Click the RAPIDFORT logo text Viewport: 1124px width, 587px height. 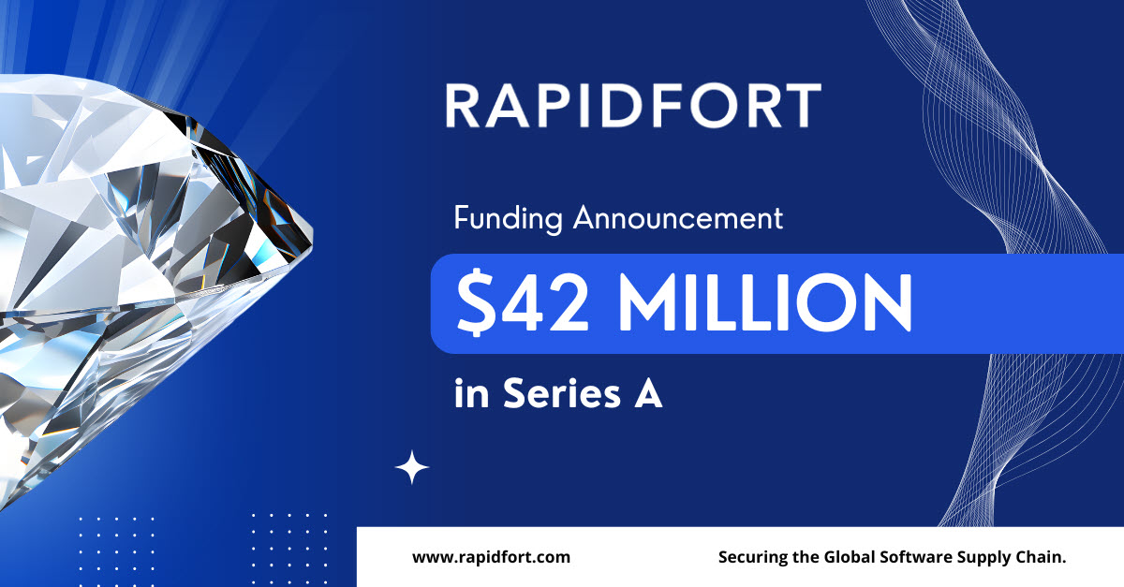click(x=633, y=106)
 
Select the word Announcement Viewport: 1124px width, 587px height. click(x=678, y=218)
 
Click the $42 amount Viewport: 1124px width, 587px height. click(x=522, y=303)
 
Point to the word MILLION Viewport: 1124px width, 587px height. click(x=765, y=303)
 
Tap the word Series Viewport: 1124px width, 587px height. click(x=562, y=393)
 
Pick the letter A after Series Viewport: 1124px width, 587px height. click(x=648, y=393)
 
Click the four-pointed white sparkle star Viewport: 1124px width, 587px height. click(x=412, y=467)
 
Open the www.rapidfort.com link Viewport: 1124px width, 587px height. click(x=491, y=557)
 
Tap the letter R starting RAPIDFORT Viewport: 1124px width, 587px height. click(x=462, y=106)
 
